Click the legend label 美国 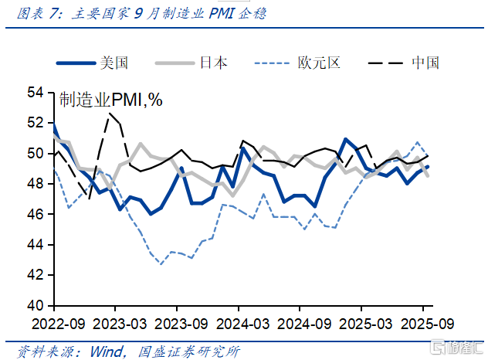(x=114, y=63)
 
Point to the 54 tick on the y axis (x=36, y=93)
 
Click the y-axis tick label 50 (x=36, y=154)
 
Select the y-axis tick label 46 (x=36, y=214)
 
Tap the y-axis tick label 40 (x=36, y=305)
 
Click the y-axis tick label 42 (x=36, y=275)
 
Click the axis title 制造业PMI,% (x=111, y=100)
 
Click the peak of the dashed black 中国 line (x=110, y=114)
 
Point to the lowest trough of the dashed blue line (x=161, y=264)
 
